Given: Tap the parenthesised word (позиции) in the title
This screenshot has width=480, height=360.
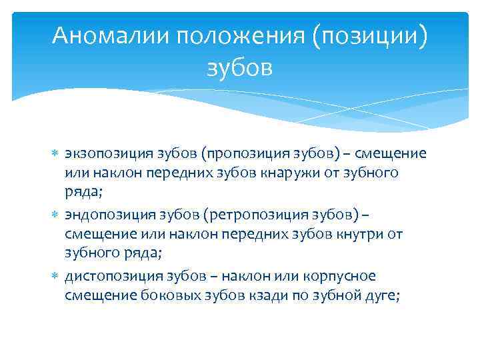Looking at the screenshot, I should point(373,35).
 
